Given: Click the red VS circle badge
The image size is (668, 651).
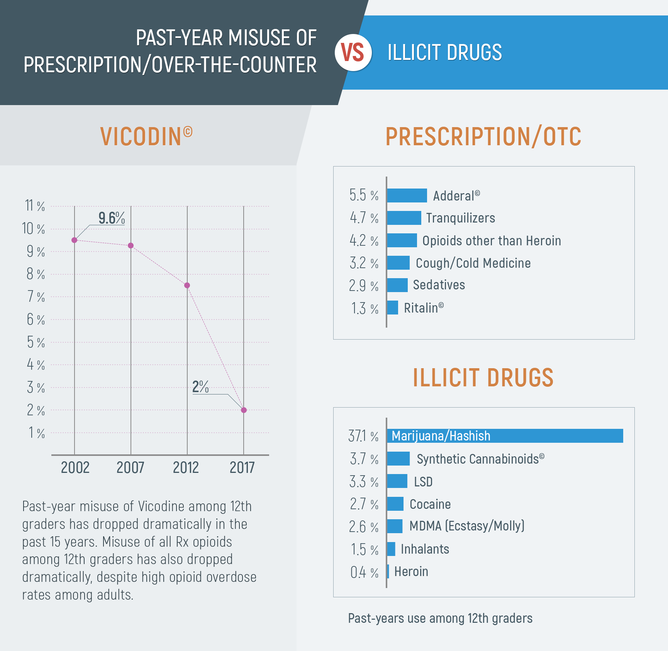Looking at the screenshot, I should [353, 53].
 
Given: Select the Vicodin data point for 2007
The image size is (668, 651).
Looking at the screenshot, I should [131, 246].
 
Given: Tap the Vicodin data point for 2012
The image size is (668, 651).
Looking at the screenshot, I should [187, 286].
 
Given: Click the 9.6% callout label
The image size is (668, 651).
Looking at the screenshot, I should [112, 218].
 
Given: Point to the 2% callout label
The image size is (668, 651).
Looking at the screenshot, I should [200, 387].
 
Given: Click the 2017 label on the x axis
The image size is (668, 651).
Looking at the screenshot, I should [242, 468].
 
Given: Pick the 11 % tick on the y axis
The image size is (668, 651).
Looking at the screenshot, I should [35, 206].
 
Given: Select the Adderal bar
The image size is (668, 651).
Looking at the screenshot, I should [407, 195].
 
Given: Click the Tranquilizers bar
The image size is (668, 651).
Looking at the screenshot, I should [404, 218].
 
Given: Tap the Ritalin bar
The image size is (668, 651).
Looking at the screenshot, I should [392, 308].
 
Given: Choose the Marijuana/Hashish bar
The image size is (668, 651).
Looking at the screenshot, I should [505, 436].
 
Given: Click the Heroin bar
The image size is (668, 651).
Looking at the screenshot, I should [388, 572].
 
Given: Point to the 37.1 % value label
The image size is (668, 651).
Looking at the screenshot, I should [363, 436].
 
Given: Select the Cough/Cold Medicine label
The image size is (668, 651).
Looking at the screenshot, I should [473, 263].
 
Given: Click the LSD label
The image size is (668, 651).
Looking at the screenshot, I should [423, 482].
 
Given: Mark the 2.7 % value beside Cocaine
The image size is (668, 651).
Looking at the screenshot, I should [364, 504].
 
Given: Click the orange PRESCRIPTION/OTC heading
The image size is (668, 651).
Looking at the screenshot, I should [483, 137].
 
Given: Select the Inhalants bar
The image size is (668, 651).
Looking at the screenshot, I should [391, 549].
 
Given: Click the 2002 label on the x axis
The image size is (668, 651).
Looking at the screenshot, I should [75, 468].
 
